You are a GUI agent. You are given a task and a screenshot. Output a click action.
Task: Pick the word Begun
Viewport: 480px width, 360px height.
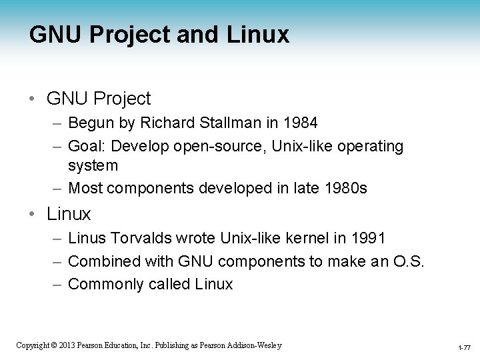[x=92, y=123]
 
